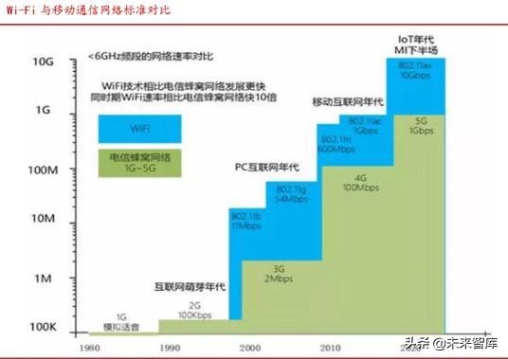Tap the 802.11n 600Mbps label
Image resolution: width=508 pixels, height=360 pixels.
[x=328, y=141]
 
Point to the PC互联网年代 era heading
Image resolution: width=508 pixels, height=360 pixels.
[x=265, y=167]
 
